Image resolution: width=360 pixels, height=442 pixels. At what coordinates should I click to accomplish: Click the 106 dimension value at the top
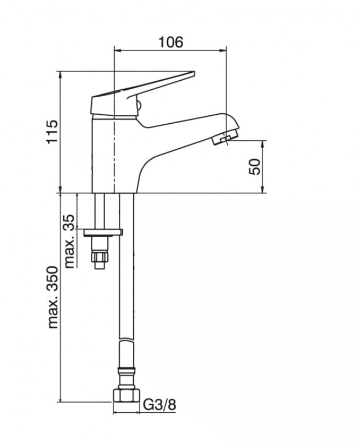pyautogui.click(x=170, y=41)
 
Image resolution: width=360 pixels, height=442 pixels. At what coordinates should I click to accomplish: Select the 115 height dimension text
pyautogui.click(x=52, y=132)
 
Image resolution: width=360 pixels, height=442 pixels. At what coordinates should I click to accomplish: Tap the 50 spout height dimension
pyautogui.click(x=255, y=167)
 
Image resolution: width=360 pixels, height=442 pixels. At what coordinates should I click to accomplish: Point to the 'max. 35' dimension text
pyautogui.click(x=70, y=241)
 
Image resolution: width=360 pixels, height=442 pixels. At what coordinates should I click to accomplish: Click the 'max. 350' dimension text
pyautogui.click(x=53, y=297)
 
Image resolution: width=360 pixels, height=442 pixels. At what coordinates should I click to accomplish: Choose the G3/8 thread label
pyautogui.click(x=160, y=405)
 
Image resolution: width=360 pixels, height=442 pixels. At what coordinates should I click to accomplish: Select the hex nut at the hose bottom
pyautogui.click(x=126, y=396)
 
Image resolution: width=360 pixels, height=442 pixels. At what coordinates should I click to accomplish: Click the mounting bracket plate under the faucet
pyautogui.click(x=103, y=232)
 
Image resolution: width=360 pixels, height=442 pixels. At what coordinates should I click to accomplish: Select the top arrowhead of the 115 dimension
pyautogui.click(x=60, y=75)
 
